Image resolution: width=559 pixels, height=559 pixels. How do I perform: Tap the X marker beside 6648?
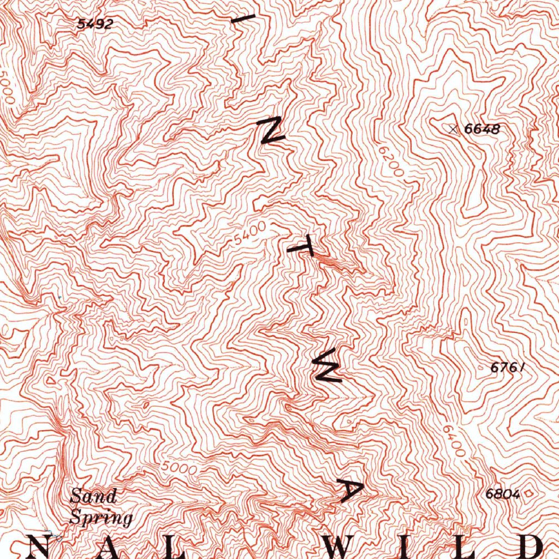pos(452,129)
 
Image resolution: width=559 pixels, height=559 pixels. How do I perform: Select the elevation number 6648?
pos(482,129)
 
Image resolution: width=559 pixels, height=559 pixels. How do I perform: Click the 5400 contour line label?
pos(249,233)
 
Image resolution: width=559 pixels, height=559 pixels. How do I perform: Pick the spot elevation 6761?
pos(507,368)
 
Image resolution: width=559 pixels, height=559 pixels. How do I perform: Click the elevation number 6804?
pos(502,494)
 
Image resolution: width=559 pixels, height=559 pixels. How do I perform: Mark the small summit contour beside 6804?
pos(528,493)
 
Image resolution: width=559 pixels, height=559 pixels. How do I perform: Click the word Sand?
pos(93,496)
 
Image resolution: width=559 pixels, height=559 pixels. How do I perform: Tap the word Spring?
pos(101,516)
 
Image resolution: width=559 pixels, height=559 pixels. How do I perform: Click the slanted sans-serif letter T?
pos(301,250)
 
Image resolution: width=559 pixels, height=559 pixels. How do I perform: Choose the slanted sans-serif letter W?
pos(326,370)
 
